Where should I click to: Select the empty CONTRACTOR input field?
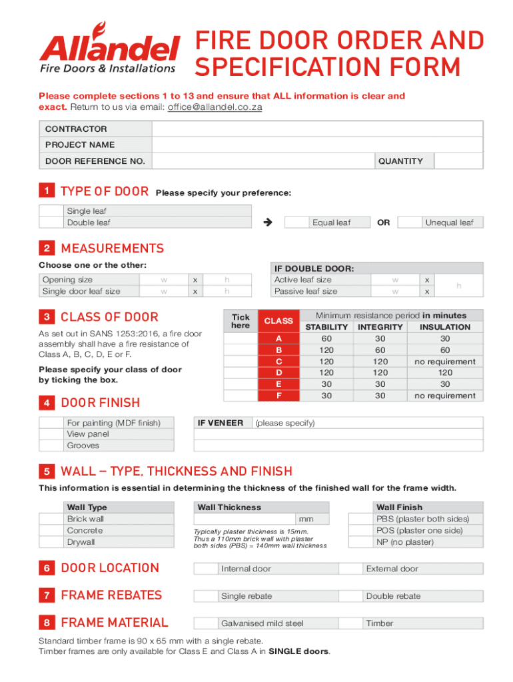click(x=317, y=129)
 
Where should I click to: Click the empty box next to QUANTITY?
click(x=458, y=161)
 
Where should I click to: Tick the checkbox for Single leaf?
click(x=52, y=211)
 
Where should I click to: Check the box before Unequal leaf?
click(x=412, y=222)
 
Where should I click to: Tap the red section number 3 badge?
click(x=47, y=317)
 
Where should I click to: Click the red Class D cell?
click(x=278, y=373)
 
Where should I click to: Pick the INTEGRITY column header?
click(x=380, y=327)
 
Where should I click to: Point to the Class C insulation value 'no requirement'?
click(x=444, y=362)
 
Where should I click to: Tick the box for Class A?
click(x=240, y=338)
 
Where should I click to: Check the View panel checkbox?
click(x=52, y=434)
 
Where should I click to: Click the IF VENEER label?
click(x=220, y=423)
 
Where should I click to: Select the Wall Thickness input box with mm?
click(x=244, y=519)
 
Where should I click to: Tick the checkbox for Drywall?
click(x=52, y=542)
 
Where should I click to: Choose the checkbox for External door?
click(x=351, y=569)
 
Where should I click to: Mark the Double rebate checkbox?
click(x=351, y=596)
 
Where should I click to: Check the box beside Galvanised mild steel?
click(x=206, y=623)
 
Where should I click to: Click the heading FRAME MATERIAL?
click(x=114, y=623)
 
